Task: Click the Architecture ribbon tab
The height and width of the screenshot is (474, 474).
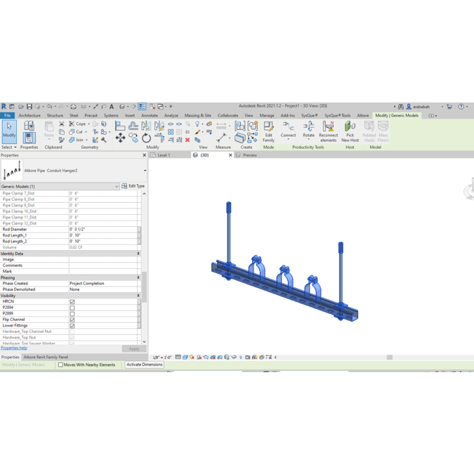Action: point(29,115)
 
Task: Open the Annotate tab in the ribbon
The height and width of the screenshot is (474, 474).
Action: point(150,115)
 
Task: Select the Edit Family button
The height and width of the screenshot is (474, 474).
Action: point(268,131)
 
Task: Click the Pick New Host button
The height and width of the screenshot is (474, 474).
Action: point(350,131)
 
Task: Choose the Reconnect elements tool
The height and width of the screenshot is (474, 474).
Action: point(328,131)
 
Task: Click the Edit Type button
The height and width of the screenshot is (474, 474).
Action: point(133,186)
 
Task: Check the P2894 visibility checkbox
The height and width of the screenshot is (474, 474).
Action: point(72,308)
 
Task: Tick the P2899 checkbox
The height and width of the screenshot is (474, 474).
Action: point(72,314)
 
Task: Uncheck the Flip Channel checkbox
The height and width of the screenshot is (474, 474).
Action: point(72,320)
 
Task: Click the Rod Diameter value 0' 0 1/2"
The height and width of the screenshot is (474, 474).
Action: point(102,230)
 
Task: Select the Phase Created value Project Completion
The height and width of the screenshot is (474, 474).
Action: point(102,284)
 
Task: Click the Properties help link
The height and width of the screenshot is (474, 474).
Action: point(14,348)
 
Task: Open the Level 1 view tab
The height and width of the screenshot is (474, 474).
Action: point(164,155)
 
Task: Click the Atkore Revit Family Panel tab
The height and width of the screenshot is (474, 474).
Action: point(46,357)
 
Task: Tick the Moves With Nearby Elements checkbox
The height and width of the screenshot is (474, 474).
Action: point(60,365)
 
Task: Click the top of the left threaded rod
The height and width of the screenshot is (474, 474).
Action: point(229,206)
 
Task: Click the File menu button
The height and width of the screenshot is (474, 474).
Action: point(8,115)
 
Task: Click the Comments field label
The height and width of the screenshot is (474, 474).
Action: point(13,265)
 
